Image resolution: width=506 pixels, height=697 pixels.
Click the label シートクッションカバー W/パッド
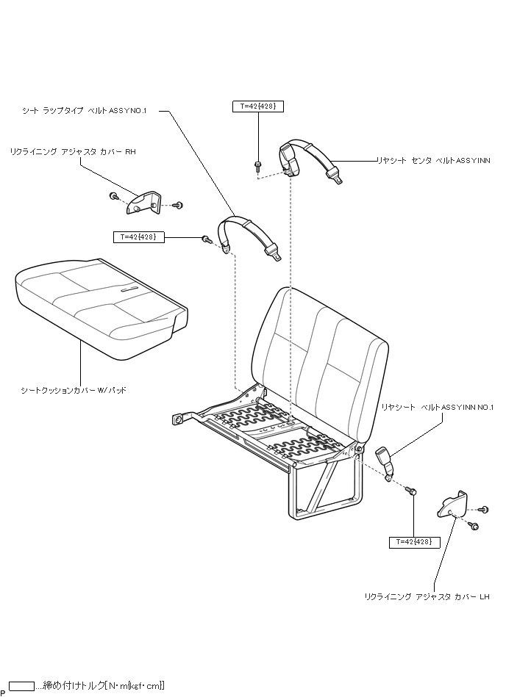tap(74, 391)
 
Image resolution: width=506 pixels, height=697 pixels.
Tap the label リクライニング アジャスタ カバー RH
tap(73, 151)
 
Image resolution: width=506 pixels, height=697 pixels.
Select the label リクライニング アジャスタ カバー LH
tap(427, 597)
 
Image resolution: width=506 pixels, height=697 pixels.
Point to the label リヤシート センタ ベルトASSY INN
tap(432, 159)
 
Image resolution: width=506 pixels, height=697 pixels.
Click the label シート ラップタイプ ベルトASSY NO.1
tap(85, 111)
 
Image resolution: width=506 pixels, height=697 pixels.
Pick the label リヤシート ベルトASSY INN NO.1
tap(437, 406)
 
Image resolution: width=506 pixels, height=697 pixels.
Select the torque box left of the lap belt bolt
tap(138, 236)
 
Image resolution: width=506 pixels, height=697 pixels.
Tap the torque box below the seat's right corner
tap(414, 542)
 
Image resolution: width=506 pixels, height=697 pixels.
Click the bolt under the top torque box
tap(257, 165)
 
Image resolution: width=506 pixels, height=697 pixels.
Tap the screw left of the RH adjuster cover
tap(114, 196)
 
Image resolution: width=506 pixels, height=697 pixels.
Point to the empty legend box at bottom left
tap(22, 686)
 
